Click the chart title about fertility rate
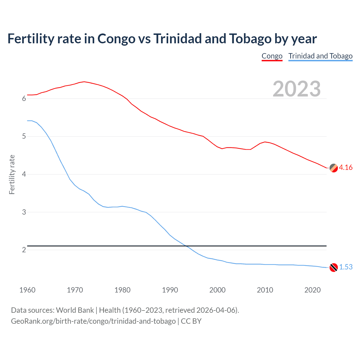[162, 39]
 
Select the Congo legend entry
[272, 56]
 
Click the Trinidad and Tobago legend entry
[320, 56]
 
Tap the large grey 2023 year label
[296, 89]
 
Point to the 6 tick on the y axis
[24, 99]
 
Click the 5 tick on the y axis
[24, 136]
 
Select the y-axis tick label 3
[24, 212]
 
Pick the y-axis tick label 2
[24, 250]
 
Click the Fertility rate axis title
[12, 174]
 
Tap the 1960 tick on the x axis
[27, 290]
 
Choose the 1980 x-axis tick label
[122, 290]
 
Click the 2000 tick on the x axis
[217, 290]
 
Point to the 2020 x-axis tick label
[312, 290]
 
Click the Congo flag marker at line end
[334, 168]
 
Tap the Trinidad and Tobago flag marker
[334, 267]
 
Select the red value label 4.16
[346, 168]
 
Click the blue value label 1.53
[346, 267]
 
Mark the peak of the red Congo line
[84, 82]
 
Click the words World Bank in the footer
[75, 310]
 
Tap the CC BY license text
[191, 321]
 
